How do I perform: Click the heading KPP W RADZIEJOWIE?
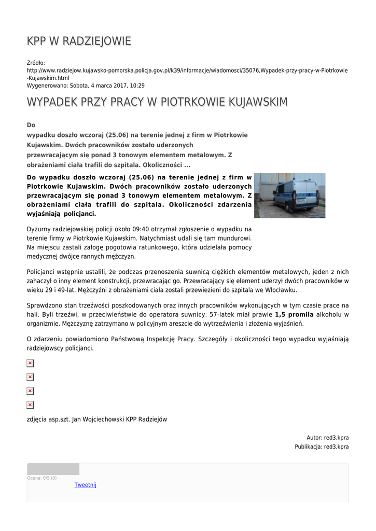point(79,41)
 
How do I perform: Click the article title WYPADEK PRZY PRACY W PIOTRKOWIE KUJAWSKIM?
point(157,102)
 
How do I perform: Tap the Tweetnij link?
point(85,485)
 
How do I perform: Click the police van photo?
point(289,195)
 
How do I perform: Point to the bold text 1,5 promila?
point(294,314)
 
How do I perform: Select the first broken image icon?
point(30,364)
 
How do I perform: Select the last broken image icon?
point(30,405)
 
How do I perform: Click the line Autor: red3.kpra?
point(327,438)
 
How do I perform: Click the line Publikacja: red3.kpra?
point(322,446)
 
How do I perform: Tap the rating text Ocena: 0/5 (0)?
point(42,478)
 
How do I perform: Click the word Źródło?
point(36,63)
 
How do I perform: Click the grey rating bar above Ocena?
point(53,469)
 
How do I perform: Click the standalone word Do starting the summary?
point(31,125)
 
